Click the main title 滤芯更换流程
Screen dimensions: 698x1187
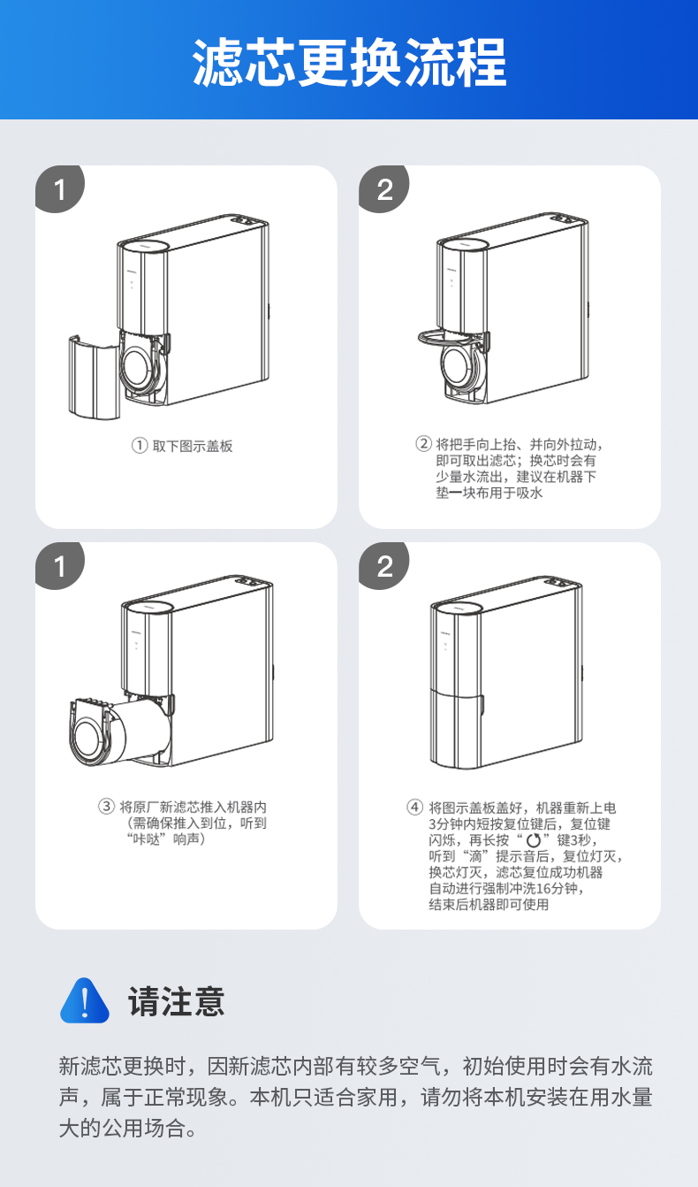coord(349,62)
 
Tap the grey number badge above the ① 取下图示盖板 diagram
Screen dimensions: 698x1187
coord(60,189)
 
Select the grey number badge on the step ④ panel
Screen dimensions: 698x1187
coord(384,566)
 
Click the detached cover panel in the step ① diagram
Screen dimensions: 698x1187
coord(92,377)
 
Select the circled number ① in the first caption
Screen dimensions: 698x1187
coord(140,446)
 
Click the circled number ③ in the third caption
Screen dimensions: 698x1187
coord(106,806)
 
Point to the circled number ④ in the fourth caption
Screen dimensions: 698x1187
coord(414,807)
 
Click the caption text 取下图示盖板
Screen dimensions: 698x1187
coord(193,446)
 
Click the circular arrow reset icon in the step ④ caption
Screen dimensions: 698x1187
coord(533,840)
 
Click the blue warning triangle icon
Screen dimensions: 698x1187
coord(85,1002)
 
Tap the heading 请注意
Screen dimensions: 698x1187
coord(177,1002)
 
